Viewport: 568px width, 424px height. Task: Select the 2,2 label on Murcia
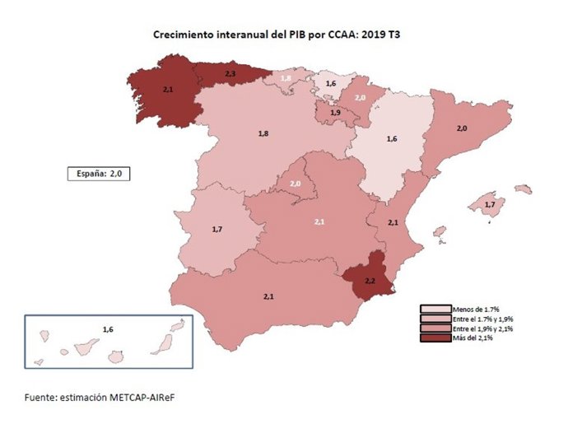[370, 282]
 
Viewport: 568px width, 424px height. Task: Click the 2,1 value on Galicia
[169, 88]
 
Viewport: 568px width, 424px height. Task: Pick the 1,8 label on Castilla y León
[263, 133]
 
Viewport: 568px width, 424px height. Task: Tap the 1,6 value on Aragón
[392, 139]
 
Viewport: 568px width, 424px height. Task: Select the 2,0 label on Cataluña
[462, 128]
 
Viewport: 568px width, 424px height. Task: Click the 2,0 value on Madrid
[294, 184]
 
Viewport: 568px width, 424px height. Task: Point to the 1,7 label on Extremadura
[216, 228]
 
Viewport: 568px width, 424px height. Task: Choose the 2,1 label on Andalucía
[268, 296]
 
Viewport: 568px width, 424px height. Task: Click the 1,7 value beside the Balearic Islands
[489, 204]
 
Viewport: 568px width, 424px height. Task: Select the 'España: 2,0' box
[99, 174]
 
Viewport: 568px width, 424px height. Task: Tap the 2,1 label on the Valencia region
[393, 222]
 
